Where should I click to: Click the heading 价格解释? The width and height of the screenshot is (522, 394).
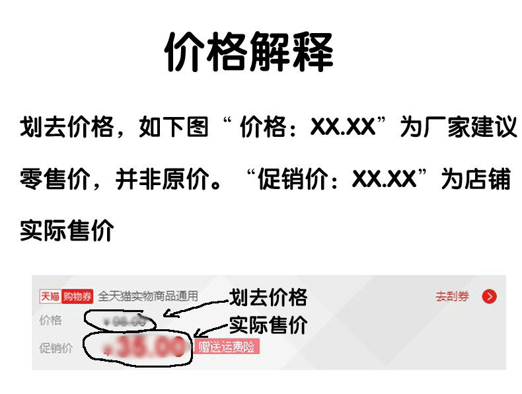pos(248,52)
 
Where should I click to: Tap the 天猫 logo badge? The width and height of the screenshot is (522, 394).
pos(50,296)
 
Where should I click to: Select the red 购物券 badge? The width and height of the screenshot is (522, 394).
pos(77,296)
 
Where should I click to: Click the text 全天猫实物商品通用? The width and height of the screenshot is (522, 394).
pos(148,296)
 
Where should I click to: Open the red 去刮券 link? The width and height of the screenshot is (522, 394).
pos(452,296)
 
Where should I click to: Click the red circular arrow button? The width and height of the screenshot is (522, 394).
pos(489,296)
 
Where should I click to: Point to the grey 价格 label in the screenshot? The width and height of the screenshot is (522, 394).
pos(51,321)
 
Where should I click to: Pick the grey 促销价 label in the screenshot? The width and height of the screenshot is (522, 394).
pos(56,348)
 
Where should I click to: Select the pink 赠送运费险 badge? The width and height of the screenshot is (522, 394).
pos(227,347)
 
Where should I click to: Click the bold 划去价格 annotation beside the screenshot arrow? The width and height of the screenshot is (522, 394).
pos(268,297)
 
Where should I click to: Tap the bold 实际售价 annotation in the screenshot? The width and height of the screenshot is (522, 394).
pos(268,325)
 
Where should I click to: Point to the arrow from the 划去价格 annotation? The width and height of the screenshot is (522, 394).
pos(195,307)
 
